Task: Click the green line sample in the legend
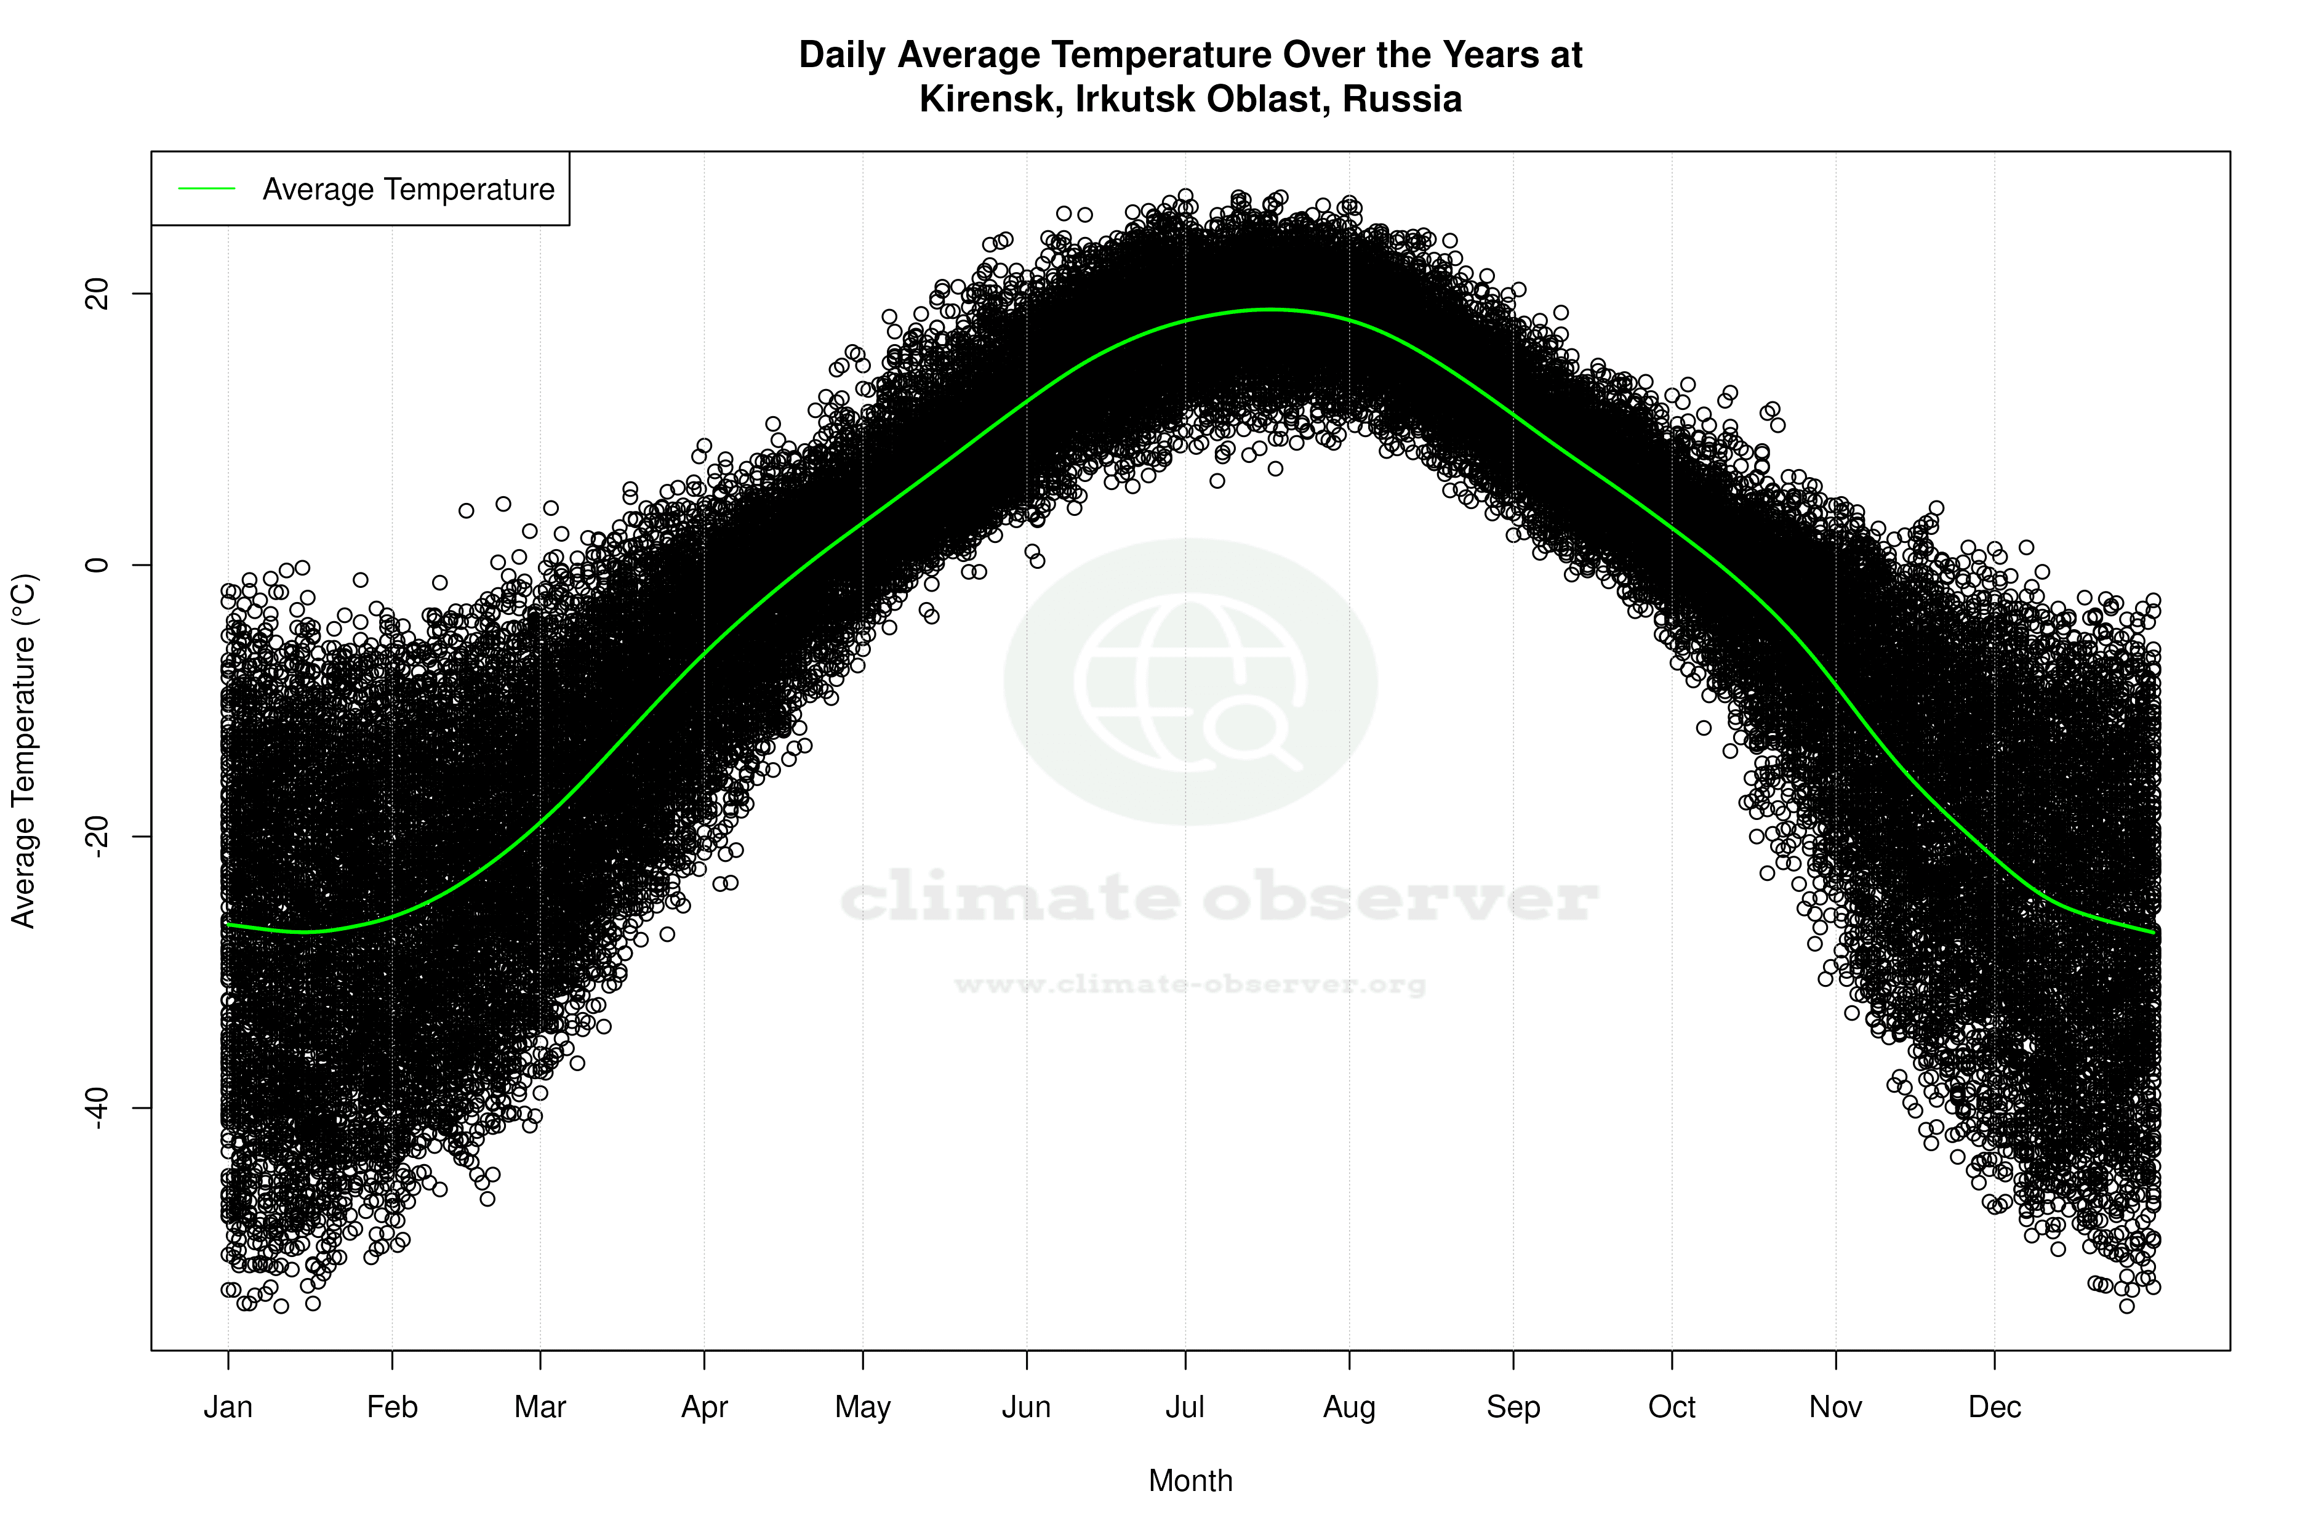coord(207,188)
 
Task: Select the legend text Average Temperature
coord(408,190)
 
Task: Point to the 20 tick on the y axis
coord(98,294)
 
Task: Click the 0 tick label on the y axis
coord(98,565)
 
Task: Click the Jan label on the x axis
coord(228,1407)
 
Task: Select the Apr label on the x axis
coord(705,1407)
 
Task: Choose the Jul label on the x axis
coord(1185,1407)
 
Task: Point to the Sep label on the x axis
coord(1513,1407)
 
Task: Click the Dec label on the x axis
coord(1995,1407)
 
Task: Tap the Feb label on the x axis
coord(393,1407)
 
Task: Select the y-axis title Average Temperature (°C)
coord(23,751)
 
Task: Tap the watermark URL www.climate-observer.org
coord(1190,984)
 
